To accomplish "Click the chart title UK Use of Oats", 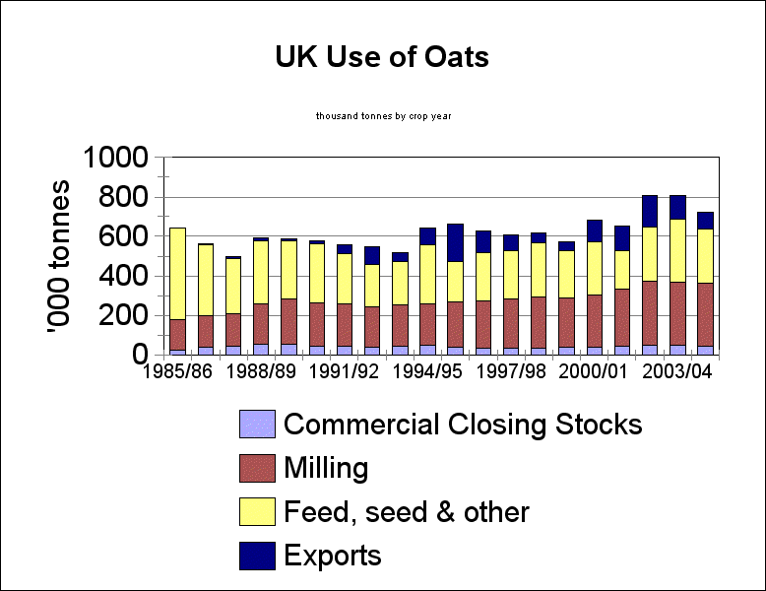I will pyautogui.click(x=382, y=57).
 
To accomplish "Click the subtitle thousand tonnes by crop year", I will pyautogui.click(x=383, y=116).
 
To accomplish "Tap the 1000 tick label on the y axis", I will pyautogui.click(x=115, y=158).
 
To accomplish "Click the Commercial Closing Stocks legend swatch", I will pyautogui.click(x=257, y=425).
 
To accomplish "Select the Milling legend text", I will pyautogui.click(x=326, y=468).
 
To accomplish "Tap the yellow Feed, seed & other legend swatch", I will pyautogui.click(x=257, y=512).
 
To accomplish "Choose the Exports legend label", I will pyautogui.click(x=332, y=556).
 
